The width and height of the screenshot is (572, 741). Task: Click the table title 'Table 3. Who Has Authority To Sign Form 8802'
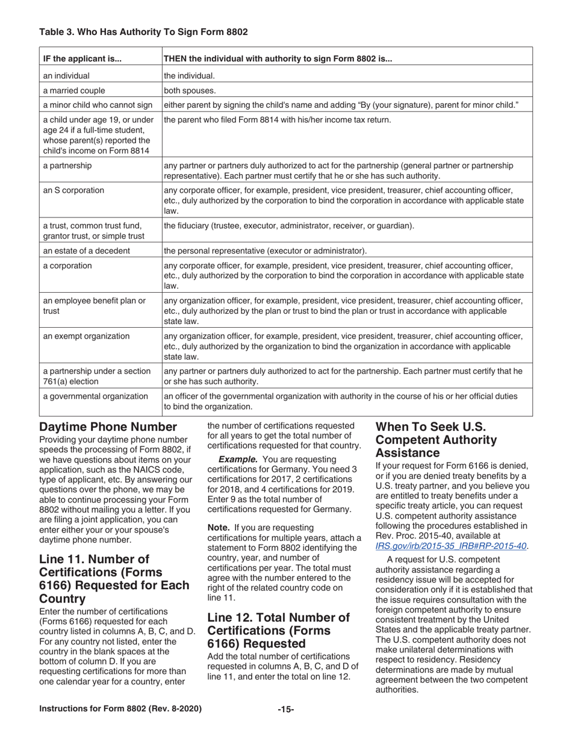click(143, 32)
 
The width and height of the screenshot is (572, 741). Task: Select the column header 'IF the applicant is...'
click(82, 59)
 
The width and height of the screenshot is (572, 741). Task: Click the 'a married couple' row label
click(74, 91)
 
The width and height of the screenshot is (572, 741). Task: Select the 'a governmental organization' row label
click(95, 396)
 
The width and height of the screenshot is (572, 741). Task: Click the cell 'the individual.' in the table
click(189, 76)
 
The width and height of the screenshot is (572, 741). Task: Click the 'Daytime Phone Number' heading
click(108, 427)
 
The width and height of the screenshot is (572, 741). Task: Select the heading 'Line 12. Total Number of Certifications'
click(278, 630)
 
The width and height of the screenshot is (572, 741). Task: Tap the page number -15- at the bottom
click(285, 710)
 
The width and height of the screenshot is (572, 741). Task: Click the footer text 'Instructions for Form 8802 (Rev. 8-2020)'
click(120, 709)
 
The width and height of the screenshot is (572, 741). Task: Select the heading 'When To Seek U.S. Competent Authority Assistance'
click(437, 439)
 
